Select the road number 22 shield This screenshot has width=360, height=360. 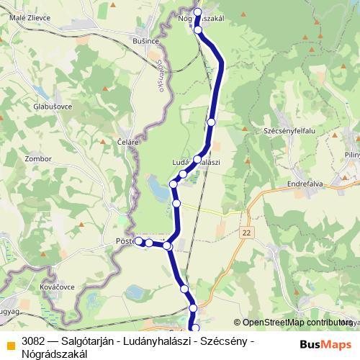pos(248,232)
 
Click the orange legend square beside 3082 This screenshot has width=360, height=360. pos(10,345)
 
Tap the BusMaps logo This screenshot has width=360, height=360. pos(325,345)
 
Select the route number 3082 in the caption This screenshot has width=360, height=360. pos(33,340)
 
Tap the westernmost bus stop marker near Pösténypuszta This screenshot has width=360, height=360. pos(139,241)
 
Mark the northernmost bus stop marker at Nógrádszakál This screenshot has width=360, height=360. pos(197,12)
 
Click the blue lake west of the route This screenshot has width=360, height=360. pos(155,189)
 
